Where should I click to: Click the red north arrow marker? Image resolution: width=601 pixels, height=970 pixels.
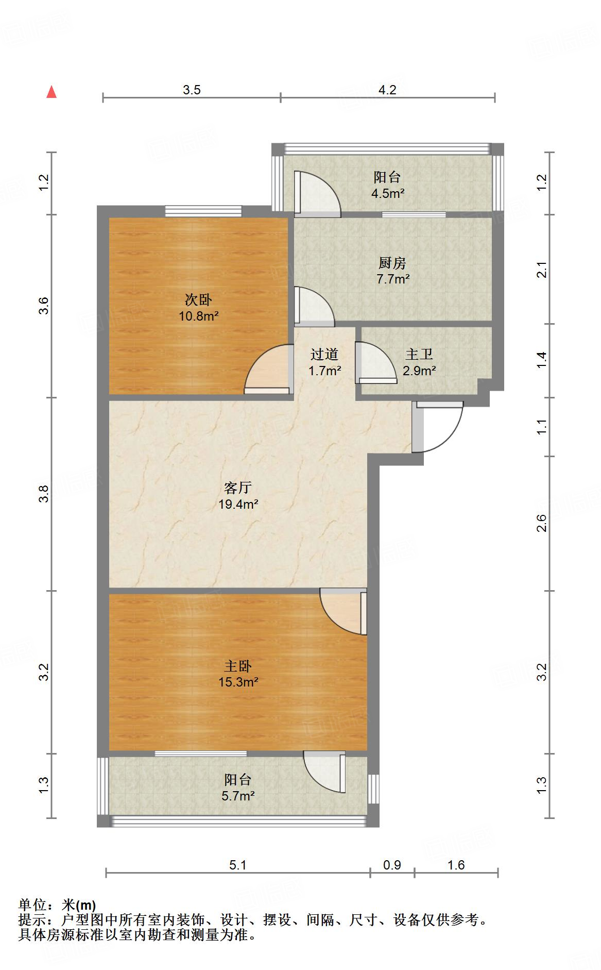pyautogui.click(x=51, y=92)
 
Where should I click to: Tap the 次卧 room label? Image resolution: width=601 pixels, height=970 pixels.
pyautogui.click(x=198, y=300)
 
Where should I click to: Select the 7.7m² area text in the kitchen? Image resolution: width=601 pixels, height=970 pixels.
pyautogui.click(x=393, y=279)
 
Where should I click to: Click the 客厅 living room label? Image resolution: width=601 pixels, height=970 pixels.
pyautogui.click(x=238, y=488)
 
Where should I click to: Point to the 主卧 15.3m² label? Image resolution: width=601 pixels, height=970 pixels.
pyautogui.click(x=238, y=674)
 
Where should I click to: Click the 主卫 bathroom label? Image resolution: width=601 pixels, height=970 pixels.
pyautogui.click(x=419, y=355)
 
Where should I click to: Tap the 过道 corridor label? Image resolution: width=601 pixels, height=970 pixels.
pyautogui.click(x=324, y=355)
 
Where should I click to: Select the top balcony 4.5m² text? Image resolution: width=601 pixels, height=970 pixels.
pyautogui.click(x=387, y=194)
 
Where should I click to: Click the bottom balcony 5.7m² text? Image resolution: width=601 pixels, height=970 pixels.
pyautogui.click(x=238, y=796)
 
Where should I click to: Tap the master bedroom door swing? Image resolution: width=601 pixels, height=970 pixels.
pyautogui.click(x=341, y=611)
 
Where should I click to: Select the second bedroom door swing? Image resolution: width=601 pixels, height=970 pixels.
pyautogui.click(x=267, y=368)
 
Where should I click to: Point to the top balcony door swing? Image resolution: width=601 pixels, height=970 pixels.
pyautogui.click(x=317, y=193)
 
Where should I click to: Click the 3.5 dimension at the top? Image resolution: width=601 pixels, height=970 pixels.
pyautogui.click(x=192, y=90)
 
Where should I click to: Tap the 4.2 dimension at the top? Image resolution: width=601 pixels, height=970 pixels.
pyautogui.click(x=387, y=90)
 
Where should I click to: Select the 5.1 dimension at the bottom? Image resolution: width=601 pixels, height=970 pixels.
pyautogui.click(x=238, y=865)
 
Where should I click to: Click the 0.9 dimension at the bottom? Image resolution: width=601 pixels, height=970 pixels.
pyautogui.click(x=392, y=865)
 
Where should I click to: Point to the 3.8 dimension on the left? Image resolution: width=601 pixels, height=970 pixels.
pyautogui.click(x=45, y=494)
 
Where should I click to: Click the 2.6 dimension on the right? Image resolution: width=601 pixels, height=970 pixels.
pyautogui.click(x=541, y=524)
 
